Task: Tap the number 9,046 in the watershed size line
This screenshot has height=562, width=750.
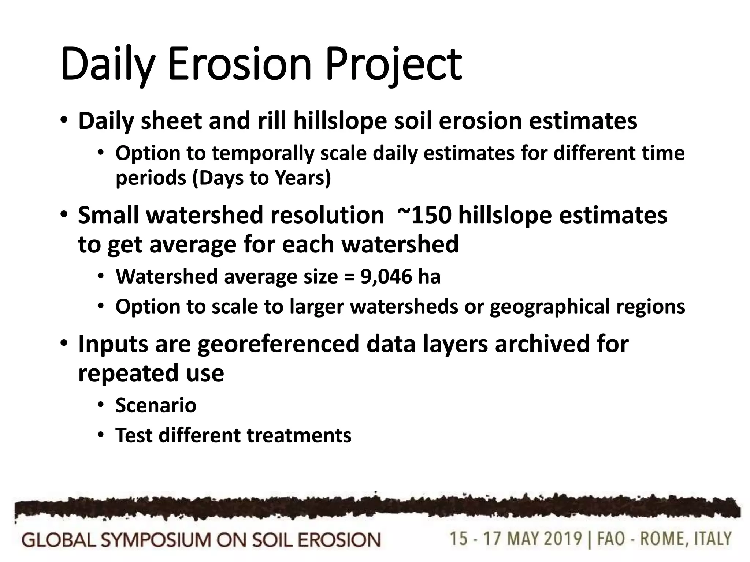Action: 386,276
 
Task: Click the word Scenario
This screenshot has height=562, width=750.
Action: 156,405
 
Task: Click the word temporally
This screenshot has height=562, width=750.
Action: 263,153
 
